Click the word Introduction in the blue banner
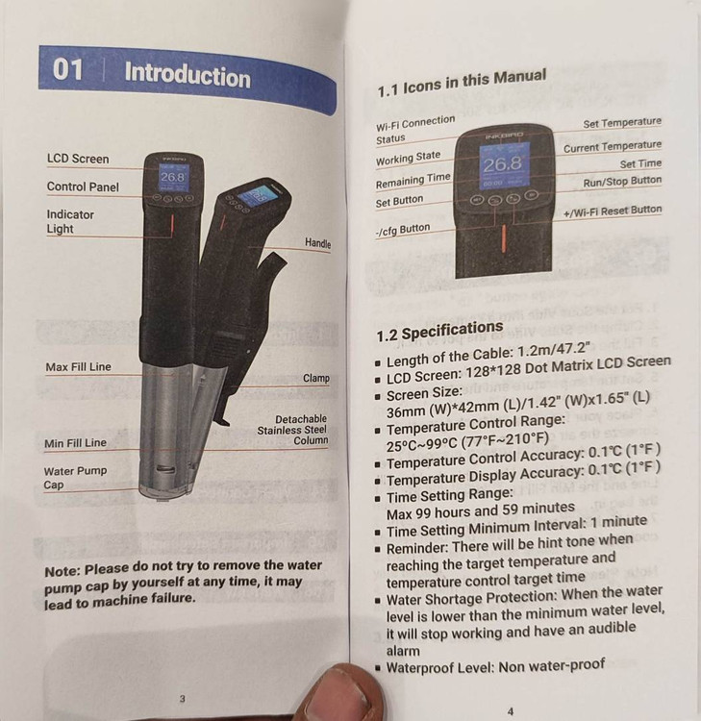click(188, 75)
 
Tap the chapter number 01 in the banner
click(67, 69)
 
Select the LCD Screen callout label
click(78, 159)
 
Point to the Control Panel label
click(83, 186)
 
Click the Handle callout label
click(318, 243)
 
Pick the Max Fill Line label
click(78, 367)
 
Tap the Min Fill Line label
click(75, 443)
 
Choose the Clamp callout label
click(316, 378)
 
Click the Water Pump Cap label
click(75, 478)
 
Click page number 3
click(182, 699)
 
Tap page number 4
click(511, 711)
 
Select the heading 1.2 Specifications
click(439, 331)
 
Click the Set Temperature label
click(622, 123)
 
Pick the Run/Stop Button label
click(622, 181)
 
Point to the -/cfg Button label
click(403, 230)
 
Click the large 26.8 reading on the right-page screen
click(503, 164)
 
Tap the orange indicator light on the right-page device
click(504, 238)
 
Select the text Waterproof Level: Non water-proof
click(495, 666)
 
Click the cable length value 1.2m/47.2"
click(553, 350)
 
